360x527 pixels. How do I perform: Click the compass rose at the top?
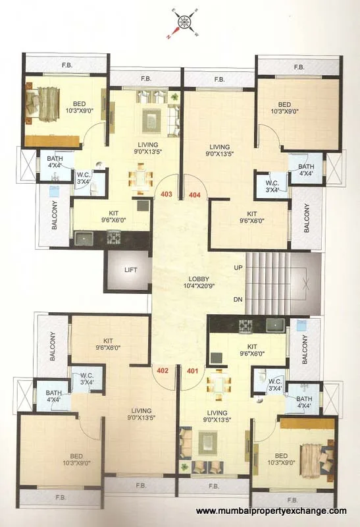[184, 22]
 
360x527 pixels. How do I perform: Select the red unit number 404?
[194, 194]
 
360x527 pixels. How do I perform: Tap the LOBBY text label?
[198, 278]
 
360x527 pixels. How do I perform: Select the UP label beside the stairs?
[238, 268]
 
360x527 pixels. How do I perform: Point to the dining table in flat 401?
[217, 385]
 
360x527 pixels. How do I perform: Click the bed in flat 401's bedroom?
[316, 454]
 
